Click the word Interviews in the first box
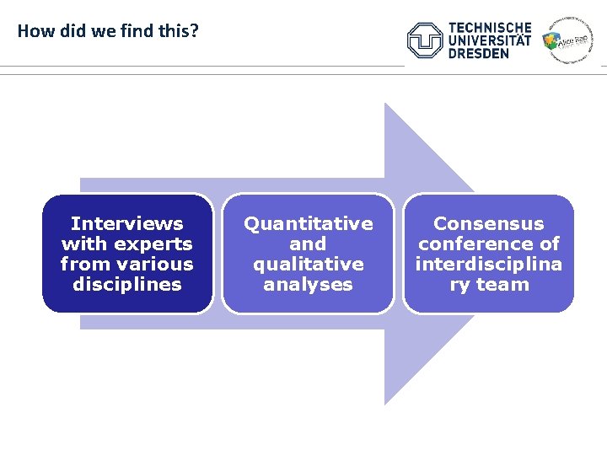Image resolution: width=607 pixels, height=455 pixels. click(126, 223)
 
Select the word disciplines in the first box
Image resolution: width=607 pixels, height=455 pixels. click(126, 284)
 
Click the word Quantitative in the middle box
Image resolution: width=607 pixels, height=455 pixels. click(308, 223)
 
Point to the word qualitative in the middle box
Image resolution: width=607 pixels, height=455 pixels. click(308, 264)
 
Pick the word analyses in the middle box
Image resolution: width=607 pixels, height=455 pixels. click(308, 284)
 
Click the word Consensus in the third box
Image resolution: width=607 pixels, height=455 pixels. click(488, 223)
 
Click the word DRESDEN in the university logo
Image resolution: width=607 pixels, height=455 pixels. click(478, 53)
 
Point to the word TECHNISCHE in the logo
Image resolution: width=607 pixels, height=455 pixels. click(490, 28)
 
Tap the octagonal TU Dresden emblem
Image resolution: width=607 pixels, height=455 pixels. click(425, 40)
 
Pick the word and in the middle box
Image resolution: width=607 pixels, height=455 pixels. click(308, 244)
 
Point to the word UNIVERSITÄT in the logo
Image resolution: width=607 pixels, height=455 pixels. click(490, 40)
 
